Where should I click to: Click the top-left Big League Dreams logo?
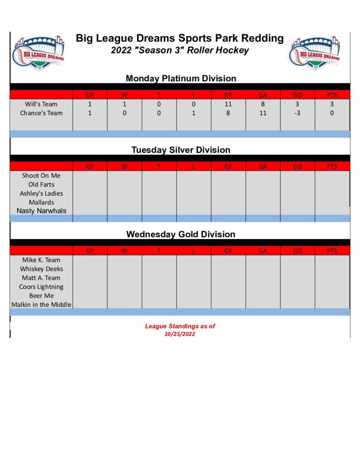pos(39,52)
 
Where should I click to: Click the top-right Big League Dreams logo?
pos(314,52)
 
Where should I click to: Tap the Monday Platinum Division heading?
pos(181,78)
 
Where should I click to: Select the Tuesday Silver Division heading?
pos(181,150)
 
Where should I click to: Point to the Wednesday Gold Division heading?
pos(181,234)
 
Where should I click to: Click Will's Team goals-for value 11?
pos(228,104)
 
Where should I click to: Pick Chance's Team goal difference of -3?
pos(297,113)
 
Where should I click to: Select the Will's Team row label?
pos(41,104)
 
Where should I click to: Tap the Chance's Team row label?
pos(41,113)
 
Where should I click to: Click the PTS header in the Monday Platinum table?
pos(332,95)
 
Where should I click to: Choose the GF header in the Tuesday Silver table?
pos(228,167)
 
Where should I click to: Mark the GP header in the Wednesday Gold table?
pos(90,251)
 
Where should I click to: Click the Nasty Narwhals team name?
pos(41,211)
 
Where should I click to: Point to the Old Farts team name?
pos(41,184)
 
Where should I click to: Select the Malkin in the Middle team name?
pos(41,304)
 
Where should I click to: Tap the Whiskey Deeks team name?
pos(41,269)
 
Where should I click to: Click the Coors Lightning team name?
pos(41,287)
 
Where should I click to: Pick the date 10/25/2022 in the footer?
pos(180,334)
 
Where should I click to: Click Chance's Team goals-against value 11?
pos(263,113)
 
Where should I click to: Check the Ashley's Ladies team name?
pos(41,193)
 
